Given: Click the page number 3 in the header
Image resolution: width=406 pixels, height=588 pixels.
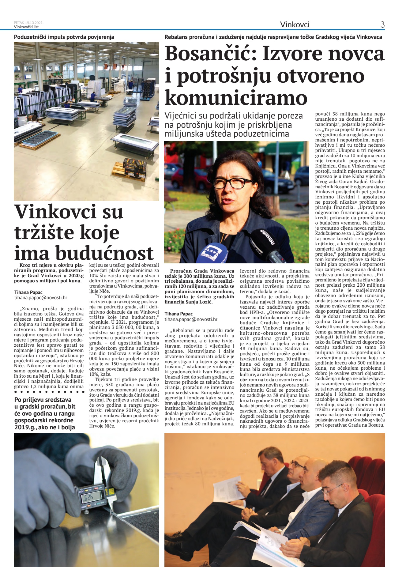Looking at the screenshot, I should coord(382,24).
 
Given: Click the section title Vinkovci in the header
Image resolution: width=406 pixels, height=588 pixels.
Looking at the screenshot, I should coord(295,24).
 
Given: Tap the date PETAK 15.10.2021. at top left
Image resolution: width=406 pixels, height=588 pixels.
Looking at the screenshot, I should coord(29,22).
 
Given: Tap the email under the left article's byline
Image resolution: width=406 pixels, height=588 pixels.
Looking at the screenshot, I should coord(40,297).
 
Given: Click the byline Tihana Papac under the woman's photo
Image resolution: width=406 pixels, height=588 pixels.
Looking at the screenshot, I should coord(179,314).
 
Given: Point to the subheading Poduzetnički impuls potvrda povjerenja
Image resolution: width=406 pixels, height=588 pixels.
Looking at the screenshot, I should coord(64,37).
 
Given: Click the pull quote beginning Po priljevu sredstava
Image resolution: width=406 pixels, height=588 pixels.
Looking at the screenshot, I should coord(45,413).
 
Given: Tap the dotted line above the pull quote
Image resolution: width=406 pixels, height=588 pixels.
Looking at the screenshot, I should coord(49,392).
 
